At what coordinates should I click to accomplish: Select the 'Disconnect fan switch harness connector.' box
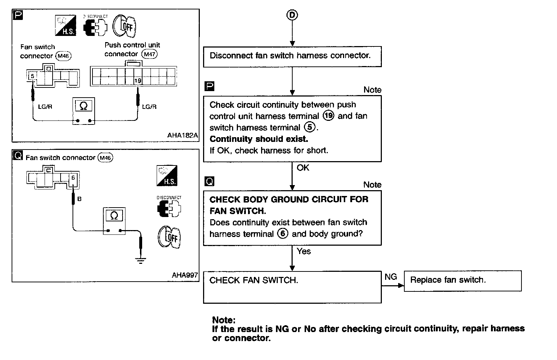[x=292, y=56]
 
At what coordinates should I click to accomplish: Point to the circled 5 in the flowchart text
[x=309, y=127]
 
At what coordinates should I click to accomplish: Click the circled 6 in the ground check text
[x=282, y=234]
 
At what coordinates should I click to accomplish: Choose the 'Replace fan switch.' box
[x=462, y=281]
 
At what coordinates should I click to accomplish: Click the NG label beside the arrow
[x=391, y=277]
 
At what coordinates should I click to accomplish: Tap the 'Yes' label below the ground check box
[x=304, y=251]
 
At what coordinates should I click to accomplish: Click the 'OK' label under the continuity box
[x=303, y=168]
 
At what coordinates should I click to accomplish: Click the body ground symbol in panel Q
[x=140, y=260]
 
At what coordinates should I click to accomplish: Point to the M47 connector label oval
[x=149, y=54]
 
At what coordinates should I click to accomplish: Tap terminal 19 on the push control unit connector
[x=138, y=81]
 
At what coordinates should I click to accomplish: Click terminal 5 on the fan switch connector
[x=33, y=76]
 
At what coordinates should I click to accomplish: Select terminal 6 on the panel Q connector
[x=73, y=178]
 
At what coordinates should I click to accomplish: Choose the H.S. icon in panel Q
[x=167, y=176]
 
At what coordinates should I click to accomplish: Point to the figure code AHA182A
[x=183, y=135]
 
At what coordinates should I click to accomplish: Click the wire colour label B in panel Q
[x=79, y=199]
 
